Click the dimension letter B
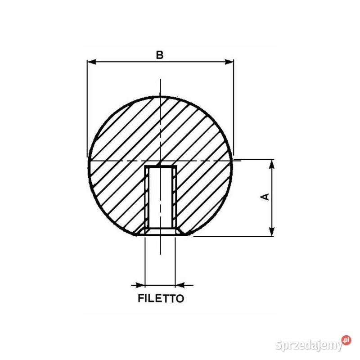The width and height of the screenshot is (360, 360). [159, 55]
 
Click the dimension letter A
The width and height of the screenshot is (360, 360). [265, 197]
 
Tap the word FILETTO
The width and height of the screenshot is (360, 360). [161, 298]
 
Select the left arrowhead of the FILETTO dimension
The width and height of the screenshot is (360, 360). [140, 284]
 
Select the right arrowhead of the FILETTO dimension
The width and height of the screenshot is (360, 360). [180, 284]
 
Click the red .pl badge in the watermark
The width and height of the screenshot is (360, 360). [346, 340]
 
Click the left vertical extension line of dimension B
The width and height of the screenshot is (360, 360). [87, 108]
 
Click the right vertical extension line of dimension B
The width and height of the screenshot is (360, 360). [234, 108]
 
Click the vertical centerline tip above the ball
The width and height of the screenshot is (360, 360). [160, 81]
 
